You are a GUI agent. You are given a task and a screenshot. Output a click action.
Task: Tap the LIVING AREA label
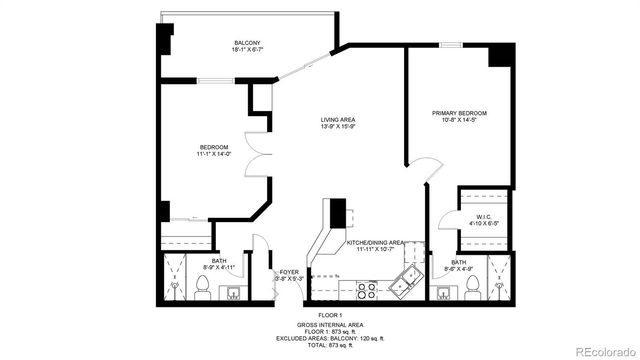(x=338, y=119)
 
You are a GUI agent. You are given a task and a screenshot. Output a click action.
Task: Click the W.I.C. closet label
(x=482, y=216)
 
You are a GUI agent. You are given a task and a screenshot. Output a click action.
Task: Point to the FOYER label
(x=289, y=272)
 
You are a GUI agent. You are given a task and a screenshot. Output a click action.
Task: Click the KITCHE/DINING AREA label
(x=375, y=242)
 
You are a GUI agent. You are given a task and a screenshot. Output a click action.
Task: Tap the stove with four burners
(x=365, y=290)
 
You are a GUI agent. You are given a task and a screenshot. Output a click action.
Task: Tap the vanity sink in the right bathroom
(x=439, y=292)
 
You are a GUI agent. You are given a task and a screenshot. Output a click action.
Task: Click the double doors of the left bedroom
(x=258, y=160)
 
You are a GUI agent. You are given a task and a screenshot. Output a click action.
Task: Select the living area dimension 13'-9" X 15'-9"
(x=338, y=127)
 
